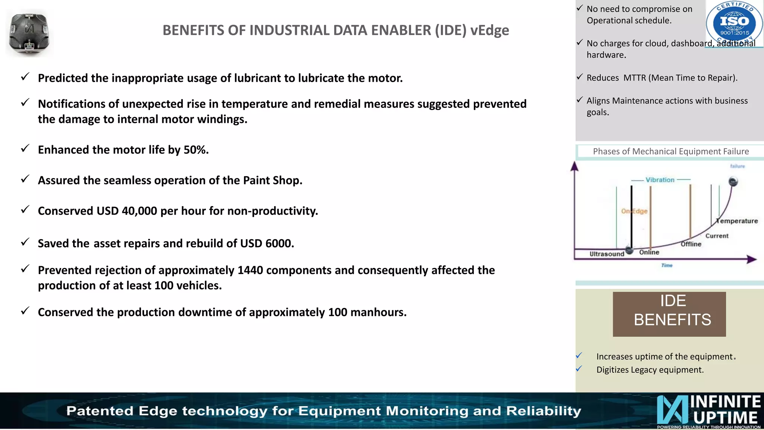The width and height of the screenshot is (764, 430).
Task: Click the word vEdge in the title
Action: [x=489, y=30]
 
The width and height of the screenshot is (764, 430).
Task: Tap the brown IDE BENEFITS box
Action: [x=669, y=314]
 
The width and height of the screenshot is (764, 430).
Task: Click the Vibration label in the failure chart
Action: [x=660, y=180]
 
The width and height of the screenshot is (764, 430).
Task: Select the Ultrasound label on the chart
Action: [x=607, y=254]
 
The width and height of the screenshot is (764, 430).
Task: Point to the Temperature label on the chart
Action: [x=738, y=221]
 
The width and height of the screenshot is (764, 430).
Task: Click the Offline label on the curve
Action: [x=691, y=244]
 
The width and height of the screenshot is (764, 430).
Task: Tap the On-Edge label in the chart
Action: [x=634, y=211]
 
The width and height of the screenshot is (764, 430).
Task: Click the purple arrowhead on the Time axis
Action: [x=752, y=259]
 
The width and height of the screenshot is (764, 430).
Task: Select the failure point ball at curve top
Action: [x=733, y=182]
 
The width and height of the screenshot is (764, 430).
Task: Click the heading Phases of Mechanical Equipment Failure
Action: [x=671, y=152]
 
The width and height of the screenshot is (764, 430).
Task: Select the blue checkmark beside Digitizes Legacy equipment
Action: [x=579, y=369]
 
